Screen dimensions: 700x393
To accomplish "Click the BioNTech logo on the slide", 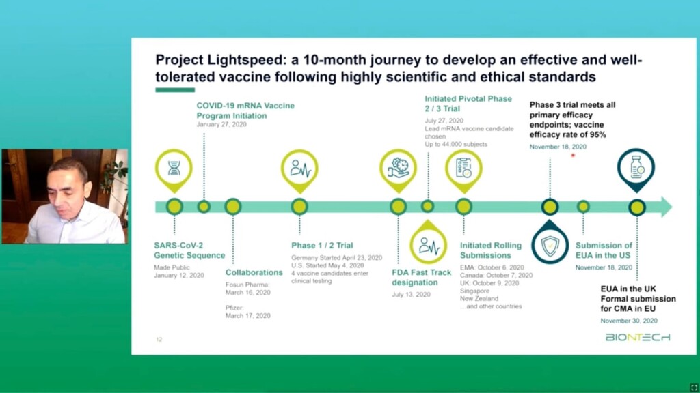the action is (x=638, y=337).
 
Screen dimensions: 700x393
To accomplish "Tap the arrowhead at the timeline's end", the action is (x=667, y=207).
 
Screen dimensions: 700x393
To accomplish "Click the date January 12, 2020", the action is (x=179, y=276).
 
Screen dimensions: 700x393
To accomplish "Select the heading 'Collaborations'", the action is (x=254, y=272).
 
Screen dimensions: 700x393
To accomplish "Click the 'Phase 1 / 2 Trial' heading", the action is (x=322, y=245).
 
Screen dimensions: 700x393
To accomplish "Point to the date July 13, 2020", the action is (x=411, y=295).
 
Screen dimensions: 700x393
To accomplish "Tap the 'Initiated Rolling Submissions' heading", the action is (x=491, y=250).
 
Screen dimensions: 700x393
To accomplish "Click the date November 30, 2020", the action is (x=629, y=321).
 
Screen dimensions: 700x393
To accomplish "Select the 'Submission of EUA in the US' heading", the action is (x=604, y=250).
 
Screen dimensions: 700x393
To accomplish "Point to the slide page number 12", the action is (x=159, y=340).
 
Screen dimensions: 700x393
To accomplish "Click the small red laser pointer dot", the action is (x=573, y=155).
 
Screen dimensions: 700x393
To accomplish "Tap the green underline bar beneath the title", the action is (x=175, y=90).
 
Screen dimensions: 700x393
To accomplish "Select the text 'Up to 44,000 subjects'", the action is (x=456, y=145).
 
